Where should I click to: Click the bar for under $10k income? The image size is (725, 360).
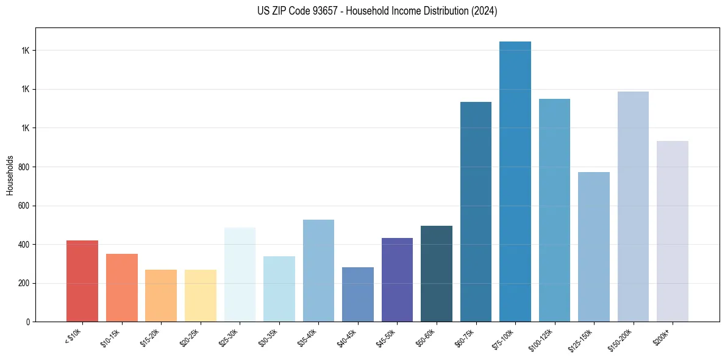point(82,281)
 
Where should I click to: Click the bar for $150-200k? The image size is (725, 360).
point(633,207)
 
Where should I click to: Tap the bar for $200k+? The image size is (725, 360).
point(673,231)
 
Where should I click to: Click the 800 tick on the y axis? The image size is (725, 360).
point(24,167)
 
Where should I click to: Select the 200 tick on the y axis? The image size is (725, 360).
point(24,284)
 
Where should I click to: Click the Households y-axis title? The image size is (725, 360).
point(10,175)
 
